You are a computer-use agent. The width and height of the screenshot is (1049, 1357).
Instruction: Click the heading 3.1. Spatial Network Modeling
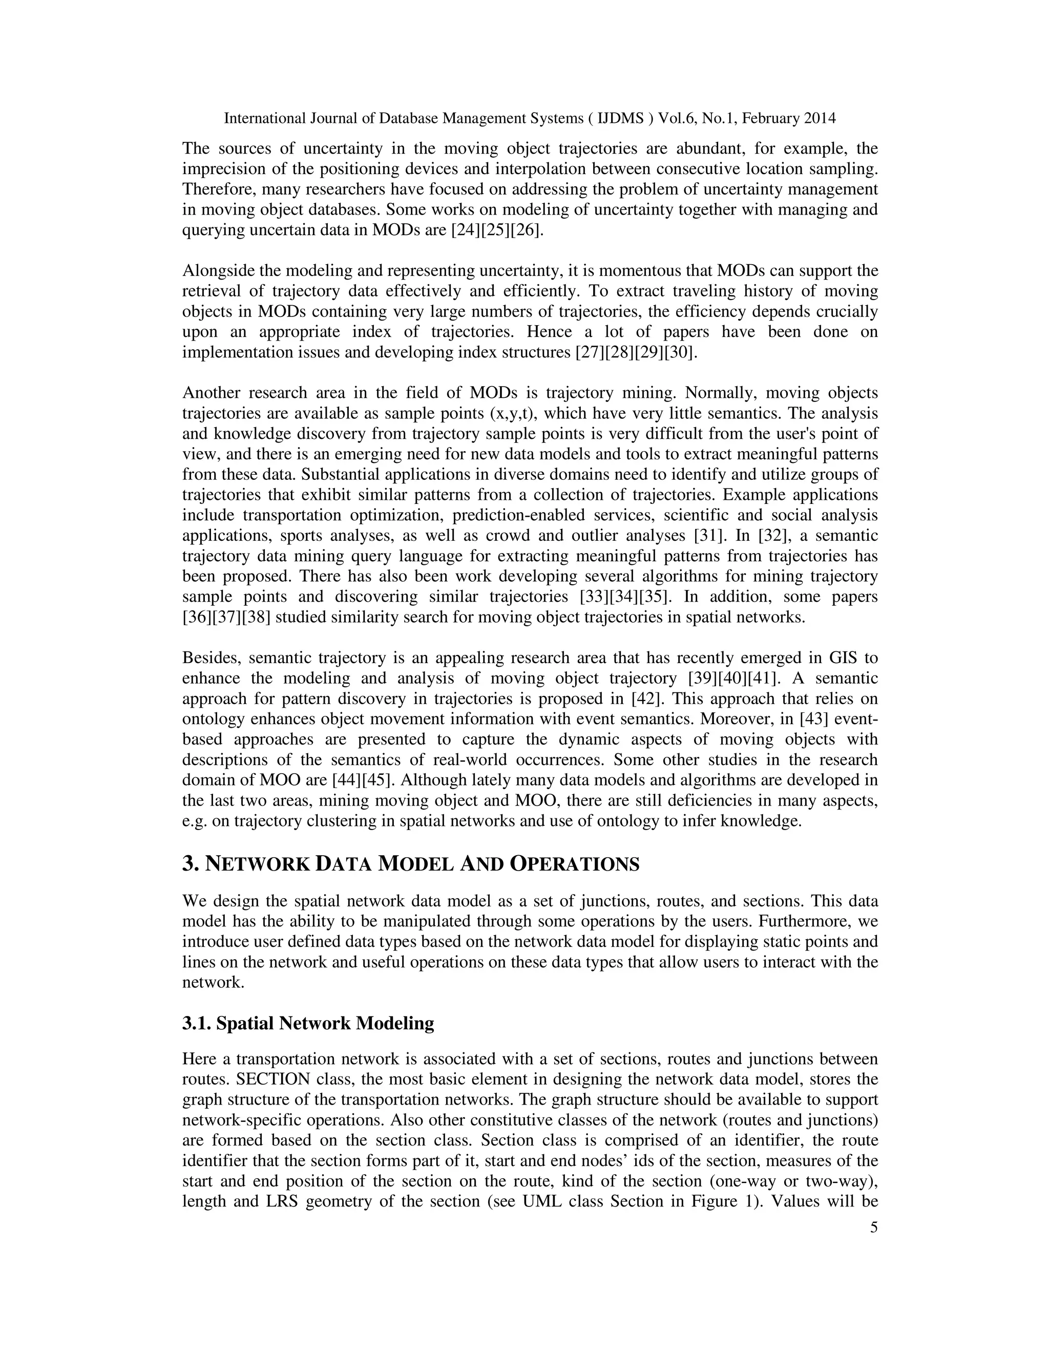coord(308,1023)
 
